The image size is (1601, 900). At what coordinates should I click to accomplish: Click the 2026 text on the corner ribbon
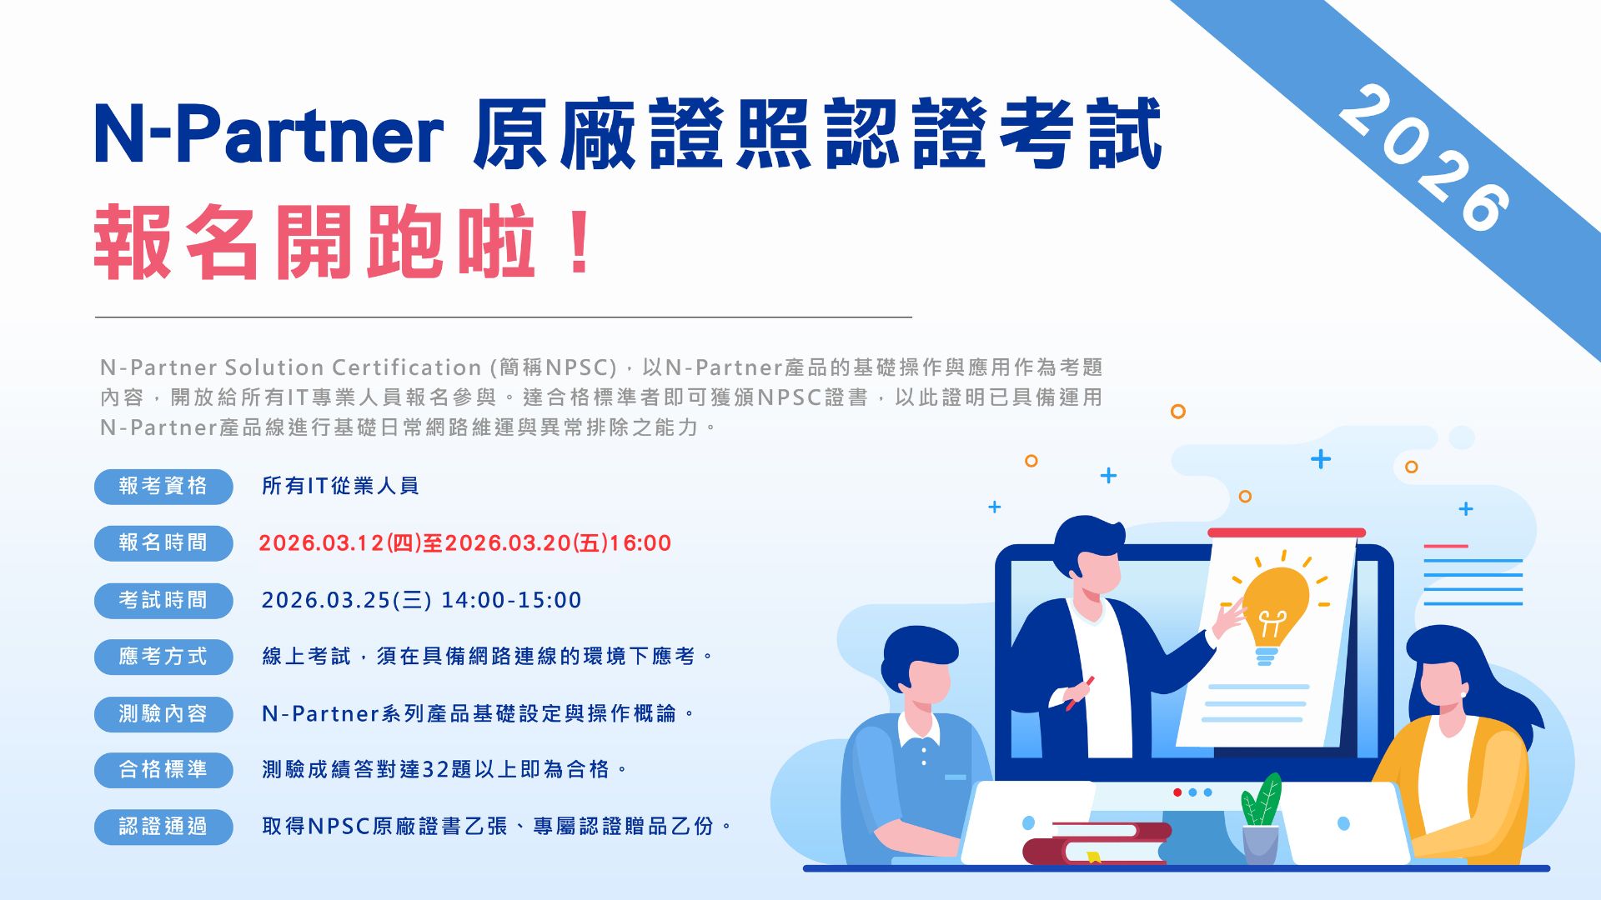point(1424,158)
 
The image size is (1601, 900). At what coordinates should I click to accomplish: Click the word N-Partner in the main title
point(269,133)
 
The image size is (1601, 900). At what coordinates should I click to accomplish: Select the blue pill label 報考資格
point(163,486)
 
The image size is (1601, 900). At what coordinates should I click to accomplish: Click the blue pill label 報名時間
point(163,542)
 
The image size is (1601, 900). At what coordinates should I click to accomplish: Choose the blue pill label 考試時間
point(163,600)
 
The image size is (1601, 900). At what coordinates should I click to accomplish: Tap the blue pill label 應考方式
point(163,657)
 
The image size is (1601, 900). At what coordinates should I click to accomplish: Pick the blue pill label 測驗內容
point(163,713)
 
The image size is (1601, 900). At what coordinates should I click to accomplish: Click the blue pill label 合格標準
point(163,769)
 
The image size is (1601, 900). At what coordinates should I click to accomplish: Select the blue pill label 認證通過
point(163,827)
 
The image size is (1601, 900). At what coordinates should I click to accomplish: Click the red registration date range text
point(465,543)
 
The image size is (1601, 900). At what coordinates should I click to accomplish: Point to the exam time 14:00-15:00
point(511,600)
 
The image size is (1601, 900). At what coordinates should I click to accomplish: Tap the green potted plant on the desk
point(1260,821)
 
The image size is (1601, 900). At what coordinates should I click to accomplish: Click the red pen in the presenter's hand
point(1080,693)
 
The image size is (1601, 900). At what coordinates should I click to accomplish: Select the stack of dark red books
point(1096,842)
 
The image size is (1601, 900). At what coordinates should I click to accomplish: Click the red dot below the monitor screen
point(1177,792)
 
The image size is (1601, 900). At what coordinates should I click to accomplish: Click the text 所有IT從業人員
point(340,486)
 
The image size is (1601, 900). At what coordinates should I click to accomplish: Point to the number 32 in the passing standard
point(435,769)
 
